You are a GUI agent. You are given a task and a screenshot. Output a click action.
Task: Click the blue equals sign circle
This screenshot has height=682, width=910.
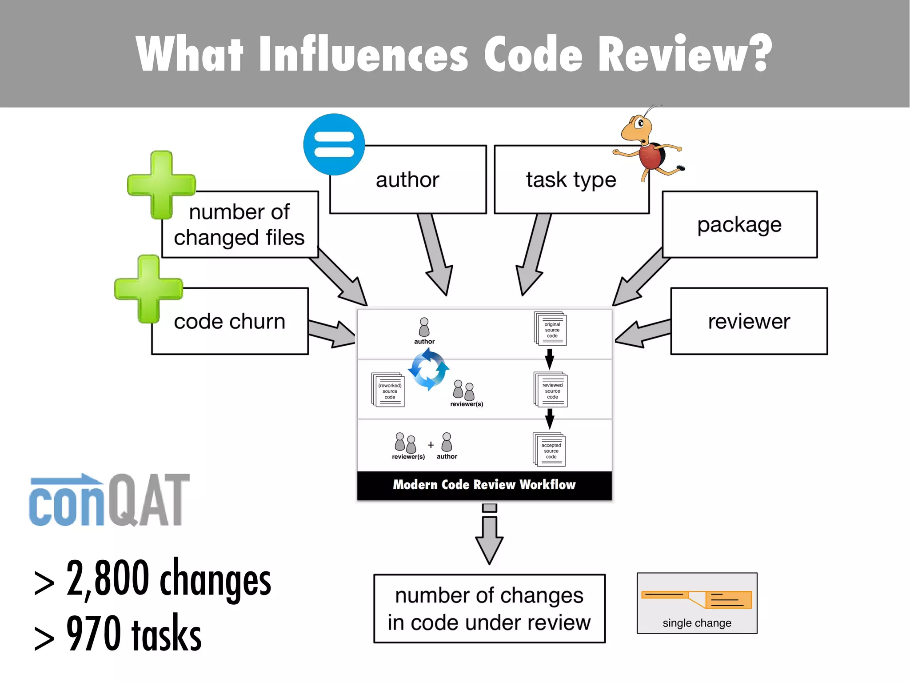coord(334,144)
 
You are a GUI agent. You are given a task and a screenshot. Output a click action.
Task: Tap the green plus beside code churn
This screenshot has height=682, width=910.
coord(148,289)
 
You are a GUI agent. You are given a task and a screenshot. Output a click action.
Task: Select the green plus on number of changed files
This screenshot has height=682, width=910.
coord(161,185)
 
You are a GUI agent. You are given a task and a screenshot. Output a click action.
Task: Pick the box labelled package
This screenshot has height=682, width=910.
coord(739,224)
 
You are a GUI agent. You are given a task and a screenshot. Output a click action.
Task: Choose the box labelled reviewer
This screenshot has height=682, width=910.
coord(749,321)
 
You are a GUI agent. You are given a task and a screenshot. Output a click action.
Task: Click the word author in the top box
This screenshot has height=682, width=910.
coord(407,180)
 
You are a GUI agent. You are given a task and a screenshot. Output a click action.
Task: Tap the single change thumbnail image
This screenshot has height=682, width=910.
coord(697,603)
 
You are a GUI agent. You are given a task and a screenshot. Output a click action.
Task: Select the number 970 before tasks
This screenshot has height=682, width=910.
coord(93,633)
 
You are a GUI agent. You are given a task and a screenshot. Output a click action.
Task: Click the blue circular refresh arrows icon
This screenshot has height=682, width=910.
coord(428,369)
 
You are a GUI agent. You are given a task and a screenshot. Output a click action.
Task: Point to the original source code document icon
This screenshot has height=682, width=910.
coord(551,329)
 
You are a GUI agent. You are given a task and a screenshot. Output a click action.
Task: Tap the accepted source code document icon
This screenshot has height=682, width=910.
coord(549,450)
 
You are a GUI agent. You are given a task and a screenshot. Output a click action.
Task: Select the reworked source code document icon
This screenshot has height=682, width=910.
coord(388,390)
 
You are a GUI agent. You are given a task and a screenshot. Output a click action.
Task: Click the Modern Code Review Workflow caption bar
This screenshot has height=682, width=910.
coord(484,485)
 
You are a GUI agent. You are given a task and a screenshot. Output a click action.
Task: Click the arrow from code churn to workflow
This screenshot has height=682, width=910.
coord(331,332)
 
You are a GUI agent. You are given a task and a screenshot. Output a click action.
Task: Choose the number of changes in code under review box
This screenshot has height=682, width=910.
coord(489,608)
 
